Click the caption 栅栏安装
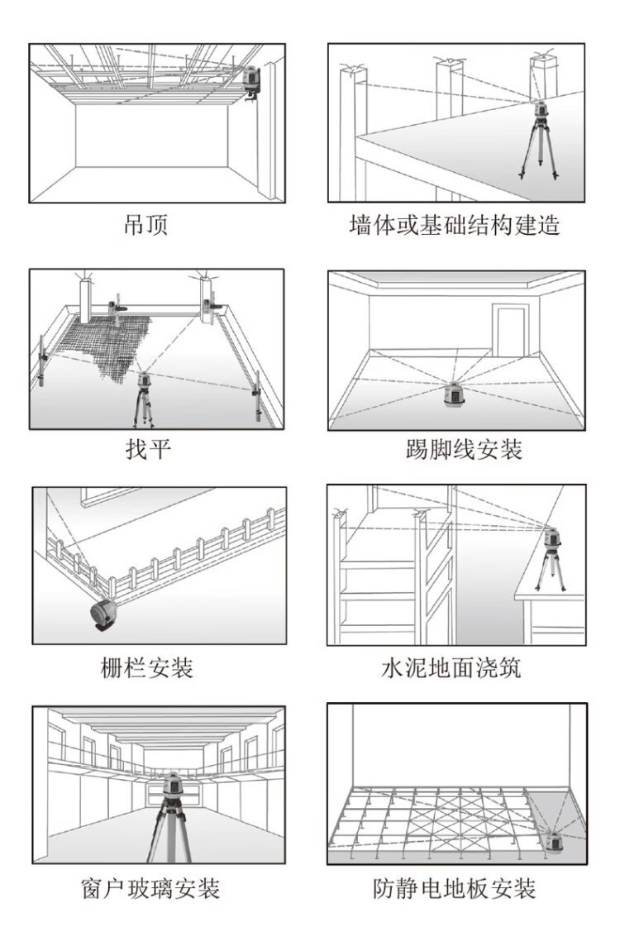[x=146, y=667]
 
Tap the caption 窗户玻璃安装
[x=150, y=889]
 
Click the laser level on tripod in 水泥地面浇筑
[x=550, y=538]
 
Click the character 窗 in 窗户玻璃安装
[x=93, y=889]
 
